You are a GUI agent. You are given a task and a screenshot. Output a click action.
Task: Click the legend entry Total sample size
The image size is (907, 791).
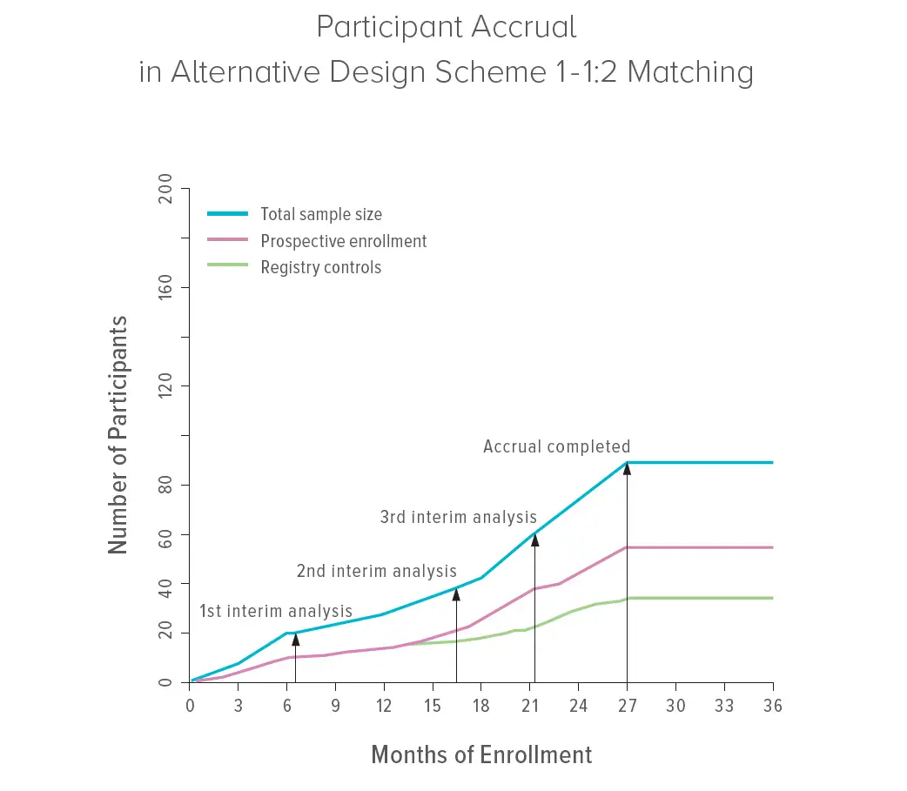tap(321, 214)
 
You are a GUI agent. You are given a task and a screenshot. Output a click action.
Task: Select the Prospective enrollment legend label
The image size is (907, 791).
tap(344, 241)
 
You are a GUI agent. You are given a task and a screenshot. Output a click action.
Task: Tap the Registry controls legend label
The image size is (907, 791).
tap(321, 268)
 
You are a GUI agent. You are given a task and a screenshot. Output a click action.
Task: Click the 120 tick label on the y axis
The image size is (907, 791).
tap(165, 385)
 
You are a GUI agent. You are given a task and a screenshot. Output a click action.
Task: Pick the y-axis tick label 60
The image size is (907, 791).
tap(165, 533)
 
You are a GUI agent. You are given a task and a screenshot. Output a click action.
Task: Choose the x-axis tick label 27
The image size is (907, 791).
tap(627, 706)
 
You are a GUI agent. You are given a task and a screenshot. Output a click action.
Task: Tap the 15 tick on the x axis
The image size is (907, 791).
tap(433, 706)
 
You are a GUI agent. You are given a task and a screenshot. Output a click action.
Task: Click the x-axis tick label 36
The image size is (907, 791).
tap(772, 706)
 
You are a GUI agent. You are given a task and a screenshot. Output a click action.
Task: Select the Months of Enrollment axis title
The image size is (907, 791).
tap(481, 754)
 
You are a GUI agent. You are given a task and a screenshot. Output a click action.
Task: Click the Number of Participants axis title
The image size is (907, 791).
tap(118, 435)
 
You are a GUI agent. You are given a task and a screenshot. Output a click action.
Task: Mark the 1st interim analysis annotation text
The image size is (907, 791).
tap(276, 611)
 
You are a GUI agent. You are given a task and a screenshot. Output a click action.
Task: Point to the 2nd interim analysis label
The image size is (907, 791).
tap(376, 572)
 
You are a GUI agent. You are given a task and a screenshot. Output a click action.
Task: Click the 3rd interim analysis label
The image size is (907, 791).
tap(458, 517)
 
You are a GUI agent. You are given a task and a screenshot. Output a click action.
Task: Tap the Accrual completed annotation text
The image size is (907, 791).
tap(556, 447)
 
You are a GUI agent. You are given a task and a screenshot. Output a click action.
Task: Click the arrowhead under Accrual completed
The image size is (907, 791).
tap(627, 468)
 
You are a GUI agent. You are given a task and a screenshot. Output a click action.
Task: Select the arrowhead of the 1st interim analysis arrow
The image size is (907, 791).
tap(296, 640)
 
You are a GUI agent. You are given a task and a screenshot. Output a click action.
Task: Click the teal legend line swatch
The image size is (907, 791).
tap(228, 214)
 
